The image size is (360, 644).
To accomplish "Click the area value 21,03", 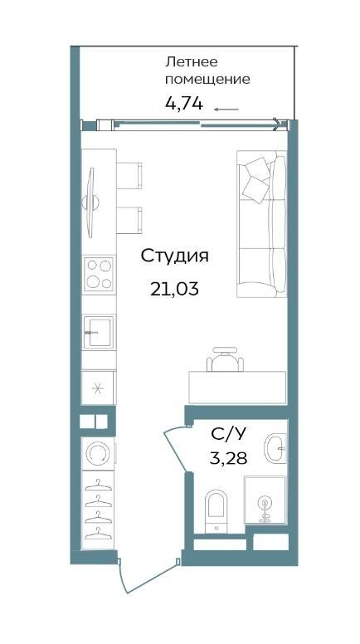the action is pyautogui.click(x=174, y=290).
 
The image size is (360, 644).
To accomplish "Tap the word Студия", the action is pyautogui.click(x=175, y=256).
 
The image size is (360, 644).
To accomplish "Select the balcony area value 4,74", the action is pyautogui.click(x=184, y=104).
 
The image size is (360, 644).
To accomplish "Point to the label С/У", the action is pyautogui.click(x=229, y=435).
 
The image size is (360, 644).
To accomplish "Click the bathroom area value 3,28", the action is pyautogui.click(x=228, y=457).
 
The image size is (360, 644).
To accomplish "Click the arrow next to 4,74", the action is pyautogui.click(x=226, y=110).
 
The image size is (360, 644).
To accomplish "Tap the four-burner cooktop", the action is pyautogui.click(x=99, y=275).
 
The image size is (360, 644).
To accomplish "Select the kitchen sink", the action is pyautogui.click(x=99, y=332).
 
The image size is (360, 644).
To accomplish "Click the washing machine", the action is pyautogui.click(x=99, y=454).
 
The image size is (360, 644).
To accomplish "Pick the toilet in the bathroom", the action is pyautogui.click(x=216, y=510).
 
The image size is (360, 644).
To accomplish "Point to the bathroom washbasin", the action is pyautogui.click(x=275, y=448).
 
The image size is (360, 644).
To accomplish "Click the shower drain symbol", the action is pyautogui.click(x=265, y=504).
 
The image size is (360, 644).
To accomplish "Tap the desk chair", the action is pyautogui.click(x=225, y=359).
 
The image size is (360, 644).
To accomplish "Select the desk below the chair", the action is pyautogui.click(x=237, y=388).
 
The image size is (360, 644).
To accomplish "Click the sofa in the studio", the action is pyautogui.click(x=261, y=224).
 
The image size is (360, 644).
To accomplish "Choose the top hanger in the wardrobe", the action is pyautogui.click(x=98, y=485).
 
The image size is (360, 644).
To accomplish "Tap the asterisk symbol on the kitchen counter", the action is pyautogui.click(x=98, y=388).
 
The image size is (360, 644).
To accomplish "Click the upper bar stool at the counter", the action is pyautogui.click(x=129, y=175).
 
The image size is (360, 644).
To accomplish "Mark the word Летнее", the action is pyautogui.click(x=192, y=62).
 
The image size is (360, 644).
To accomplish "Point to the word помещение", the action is pyautogui.click(x=207, y=80).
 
